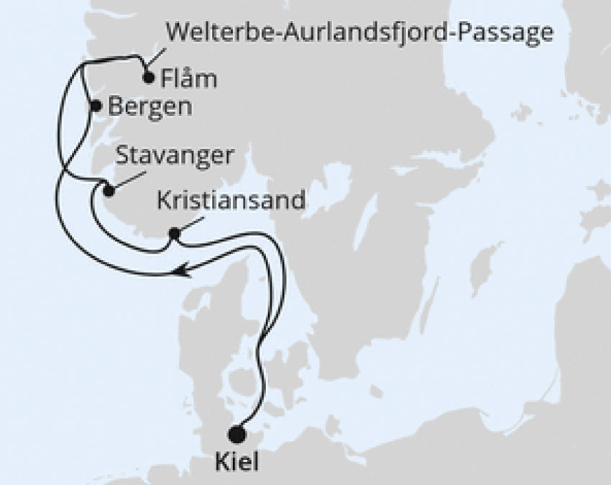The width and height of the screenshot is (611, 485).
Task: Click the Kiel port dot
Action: point(236,434)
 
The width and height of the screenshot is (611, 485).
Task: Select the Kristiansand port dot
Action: point(173,233)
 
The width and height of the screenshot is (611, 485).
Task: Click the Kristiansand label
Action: point(231,200)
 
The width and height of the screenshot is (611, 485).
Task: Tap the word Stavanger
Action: point(175,157)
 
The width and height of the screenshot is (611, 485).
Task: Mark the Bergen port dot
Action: point(96,106)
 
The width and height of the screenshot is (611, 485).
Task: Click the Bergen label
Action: point(150,106)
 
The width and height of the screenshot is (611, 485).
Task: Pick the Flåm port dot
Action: point(149,78)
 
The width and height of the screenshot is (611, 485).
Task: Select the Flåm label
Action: point(190,78)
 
